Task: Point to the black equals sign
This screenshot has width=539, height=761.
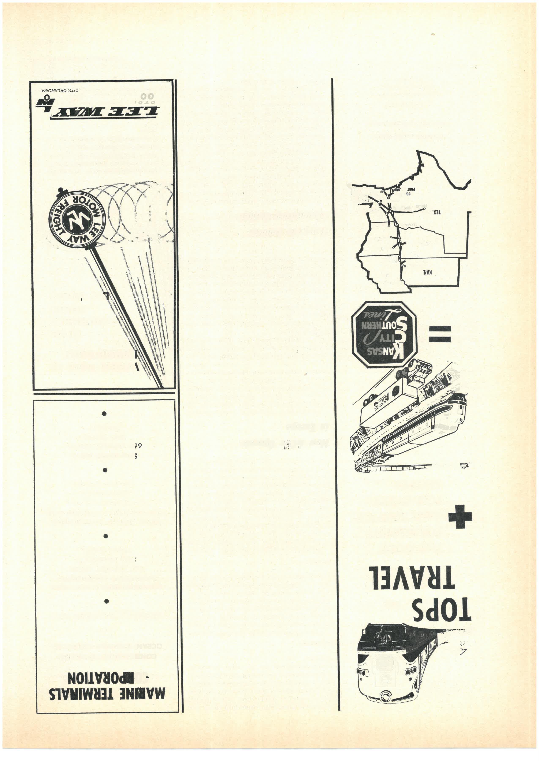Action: pyautogui.click(x=440, y=334)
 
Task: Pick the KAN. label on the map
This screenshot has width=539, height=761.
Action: pyautogui.click(x=427, y=272)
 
